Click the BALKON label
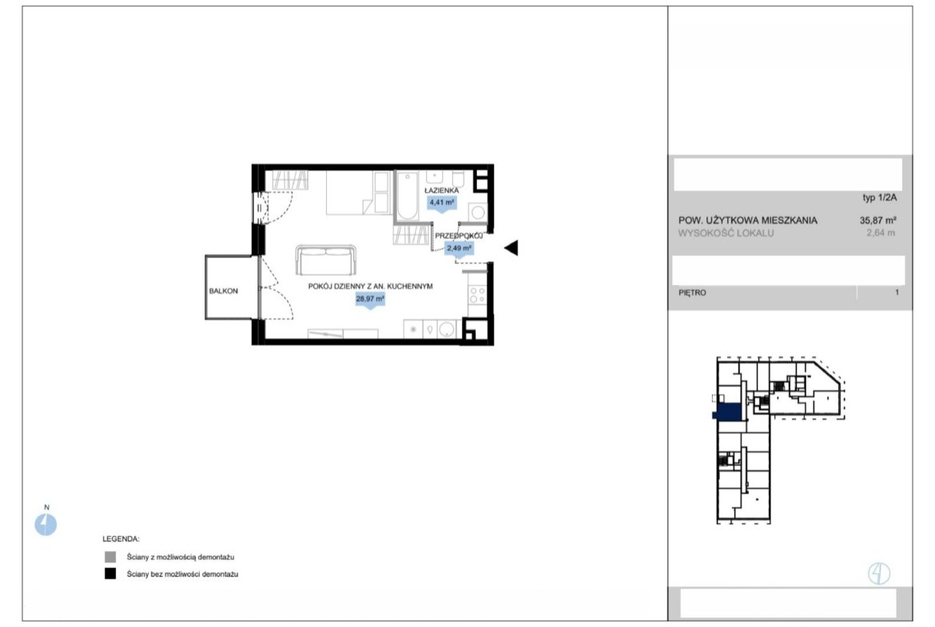point(223,291)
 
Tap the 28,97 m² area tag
point(370,300)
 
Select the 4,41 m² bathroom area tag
point(442,203)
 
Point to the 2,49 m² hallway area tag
point(460,248)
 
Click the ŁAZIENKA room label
point(441,190)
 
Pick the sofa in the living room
point(326,260)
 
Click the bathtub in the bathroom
point(408,196)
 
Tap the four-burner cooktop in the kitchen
point(477,295)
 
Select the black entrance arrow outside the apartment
point(511,248)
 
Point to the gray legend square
point(110,557)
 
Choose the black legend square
point(110,573)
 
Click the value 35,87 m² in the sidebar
point(877,220)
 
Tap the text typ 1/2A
point(880,197)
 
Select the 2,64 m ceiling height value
point(881,233)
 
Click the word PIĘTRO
point(692,292)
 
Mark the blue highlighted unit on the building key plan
point(728,412)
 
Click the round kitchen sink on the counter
point(447,329)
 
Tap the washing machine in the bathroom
point(478,212)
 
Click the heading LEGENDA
point(121,539)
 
